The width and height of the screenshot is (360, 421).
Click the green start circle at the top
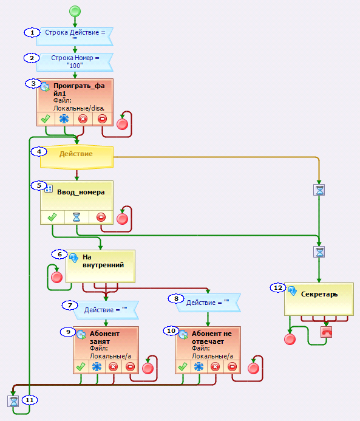point(75,12)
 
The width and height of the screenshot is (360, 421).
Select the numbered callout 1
point(32,32)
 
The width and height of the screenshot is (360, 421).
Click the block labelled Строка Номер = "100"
point(75,62)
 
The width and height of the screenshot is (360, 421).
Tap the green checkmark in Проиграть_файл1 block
point(46,118)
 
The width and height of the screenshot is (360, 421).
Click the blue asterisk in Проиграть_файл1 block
point(64,118)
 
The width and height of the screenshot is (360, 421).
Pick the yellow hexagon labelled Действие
point(76,158)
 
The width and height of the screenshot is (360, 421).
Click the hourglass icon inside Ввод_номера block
point(76,217)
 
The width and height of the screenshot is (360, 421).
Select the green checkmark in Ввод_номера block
point(52,217)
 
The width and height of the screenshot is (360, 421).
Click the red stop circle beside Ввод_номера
point(122,219)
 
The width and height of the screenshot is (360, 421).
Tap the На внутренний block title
point(103,261)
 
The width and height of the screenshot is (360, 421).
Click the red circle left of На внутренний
point(56,277)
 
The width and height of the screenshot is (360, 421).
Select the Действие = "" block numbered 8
point(208,303)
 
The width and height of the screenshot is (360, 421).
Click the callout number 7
point(70,306)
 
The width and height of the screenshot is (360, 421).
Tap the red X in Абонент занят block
point(113,367)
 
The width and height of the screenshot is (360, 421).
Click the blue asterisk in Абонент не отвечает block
point(199,367)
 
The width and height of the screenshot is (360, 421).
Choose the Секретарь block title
point(319,294)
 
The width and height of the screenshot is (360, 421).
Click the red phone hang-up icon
point(326,332)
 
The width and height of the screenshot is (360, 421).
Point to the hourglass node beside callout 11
point(13,401)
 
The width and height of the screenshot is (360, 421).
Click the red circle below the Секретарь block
point(290,339)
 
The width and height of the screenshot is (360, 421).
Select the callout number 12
point(278,288)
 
